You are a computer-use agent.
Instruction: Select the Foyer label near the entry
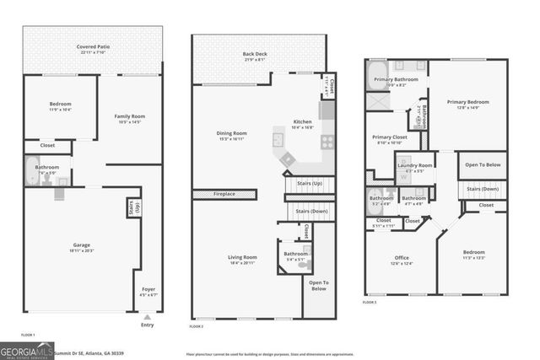(148, 291)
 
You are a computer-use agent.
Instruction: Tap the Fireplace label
(224, 194)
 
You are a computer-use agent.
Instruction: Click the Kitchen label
(302, 123)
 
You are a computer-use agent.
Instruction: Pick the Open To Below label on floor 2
(319, 285)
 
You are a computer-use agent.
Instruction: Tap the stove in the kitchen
(327, 142)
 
